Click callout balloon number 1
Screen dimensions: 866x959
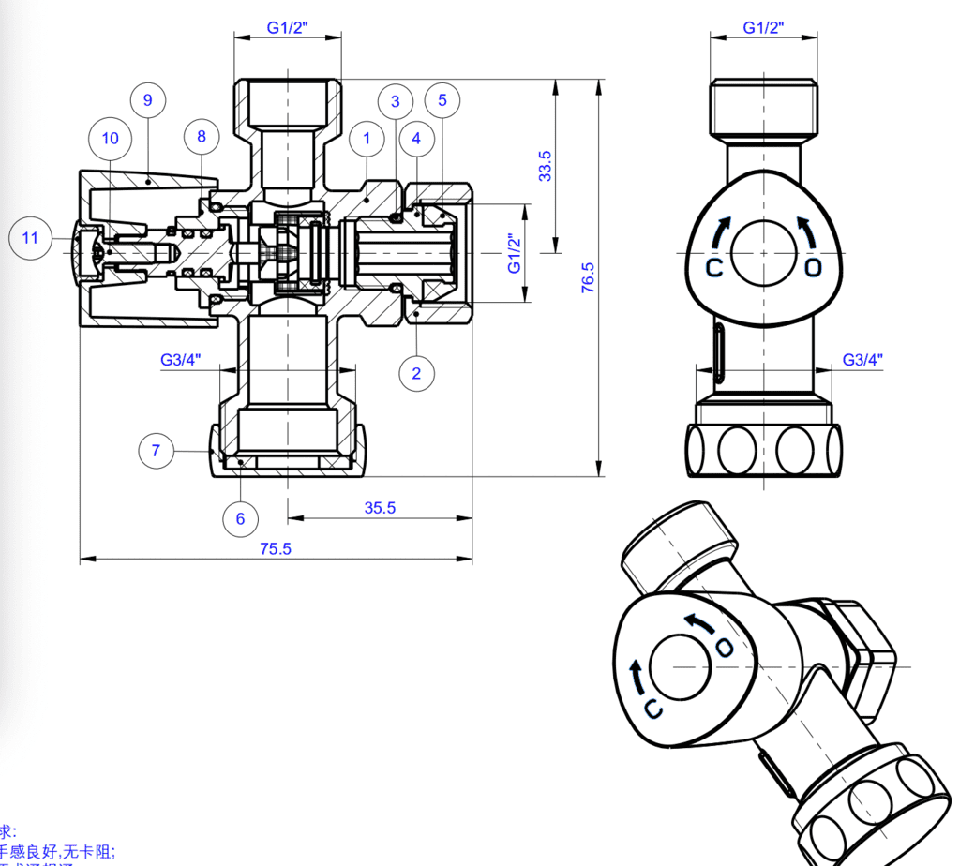(x=367, y=139)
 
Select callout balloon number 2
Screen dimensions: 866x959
(x=417, y=373)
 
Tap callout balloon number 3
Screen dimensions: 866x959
(x=396, y=101)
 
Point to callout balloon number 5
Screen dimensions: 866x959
(x=442, y=99)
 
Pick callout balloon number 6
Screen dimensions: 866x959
(x=240, y=518)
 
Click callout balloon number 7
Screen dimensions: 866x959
(x=156, y=451)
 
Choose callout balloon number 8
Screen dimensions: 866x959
(x=202, y=136)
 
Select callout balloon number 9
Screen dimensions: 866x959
(x=148, y=99)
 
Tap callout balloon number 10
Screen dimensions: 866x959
(x=111, y=139)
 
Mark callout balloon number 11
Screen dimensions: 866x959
(x=30, y=238)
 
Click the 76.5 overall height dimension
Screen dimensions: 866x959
(x=588, y=278)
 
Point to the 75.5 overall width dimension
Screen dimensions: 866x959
(x=276, y=549)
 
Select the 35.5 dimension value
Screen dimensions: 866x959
(x=380, y=508)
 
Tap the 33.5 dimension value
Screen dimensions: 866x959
(x=545, y=166)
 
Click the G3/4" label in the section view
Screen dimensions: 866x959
(x=180, y=360)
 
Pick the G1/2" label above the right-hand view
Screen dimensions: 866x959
(x=763, y=28)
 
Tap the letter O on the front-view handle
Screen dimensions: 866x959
(x=813, y=268)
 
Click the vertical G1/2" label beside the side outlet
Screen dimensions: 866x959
(x=515, y=253)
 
